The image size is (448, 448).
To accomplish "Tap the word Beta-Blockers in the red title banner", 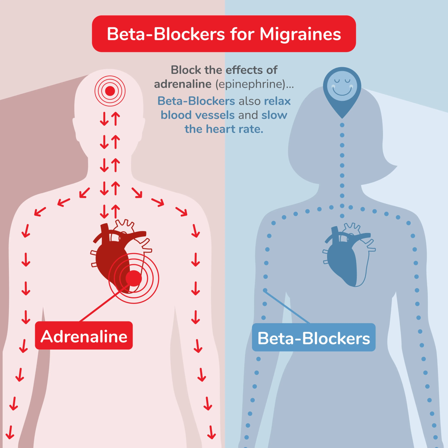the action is tap(166, 34).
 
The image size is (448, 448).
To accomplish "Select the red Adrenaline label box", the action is tap(84, 336).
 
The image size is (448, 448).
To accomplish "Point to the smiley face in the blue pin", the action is tap(342, 85).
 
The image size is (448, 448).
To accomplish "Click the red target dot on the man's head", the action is tap(110, 91).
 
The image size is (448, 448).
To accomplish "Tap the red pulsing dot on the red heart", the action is tap(133, 278).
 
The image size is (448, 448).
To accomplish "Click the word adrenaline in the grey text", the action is tap(183, 84).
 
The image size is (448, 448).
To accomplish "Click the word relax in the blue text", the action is tap(277, 101).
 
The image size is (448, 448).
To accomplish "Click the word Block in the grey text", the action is tap(186, 70).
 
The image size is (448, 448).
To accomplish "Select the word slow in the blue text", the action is tap(274, 115).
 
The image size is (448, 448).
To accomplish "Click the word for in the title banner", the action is tap(242, 34).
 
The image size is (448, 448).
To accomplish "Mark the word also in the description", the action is tap(249, 101).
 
